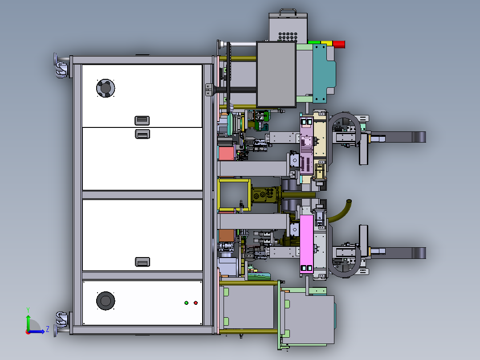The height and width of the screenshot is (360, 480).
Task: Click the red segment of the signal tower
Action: pyautogui.click(x=339, y=45)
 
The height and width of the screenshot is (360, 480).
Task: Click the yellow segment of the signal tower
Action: pyautogui.click(x=326, y=44)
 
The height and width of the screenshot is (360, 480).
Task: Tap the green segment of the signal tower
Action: pyautogui.click(x=314, y=43)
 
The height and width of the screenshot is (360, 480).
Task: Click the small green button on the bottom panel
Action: pyautogui.click(x=187, y=303)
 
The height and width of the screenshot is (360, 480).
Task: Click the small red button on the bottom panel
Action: pyautogui.click(x=195, y=303)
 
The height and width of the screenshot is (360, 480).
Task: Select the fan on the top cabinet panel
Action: pyautogui.click(x=106, y=88)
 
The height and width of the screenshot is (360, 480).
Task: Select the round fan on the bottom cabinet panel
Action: pyautogui.click(x=106, y=301)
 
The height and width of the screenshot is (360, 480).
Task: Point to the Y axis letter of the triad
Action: pyautogui.click(x=28, y=310)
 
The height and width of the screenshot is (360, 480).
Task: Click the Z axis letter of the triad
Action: pyautogui.click(x=48, y=329)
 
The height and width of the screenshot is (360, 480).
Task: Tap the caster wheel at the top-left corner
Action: pyautogui.click(x=61, y=69)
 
